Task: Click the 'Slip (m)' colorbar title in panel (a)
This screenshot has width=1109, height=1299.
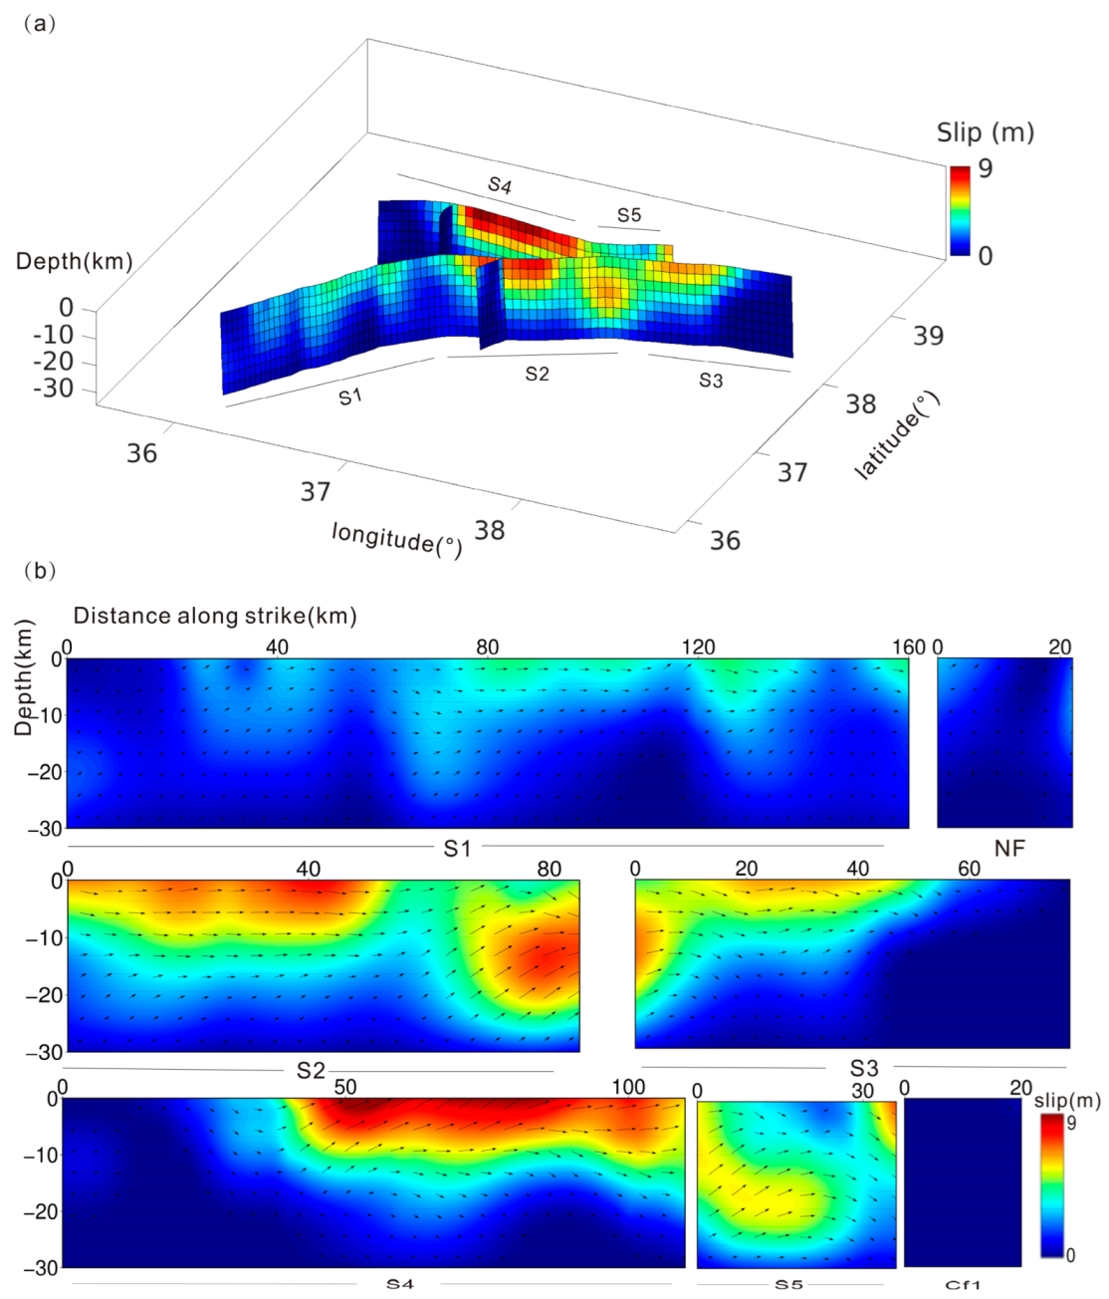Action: (x=985, y=132)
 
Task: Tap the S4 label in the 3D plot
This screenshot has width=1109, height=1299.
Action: (x=500, y=185)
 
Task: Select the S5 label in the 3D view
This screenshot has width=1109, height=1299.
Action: (x=629, y=215)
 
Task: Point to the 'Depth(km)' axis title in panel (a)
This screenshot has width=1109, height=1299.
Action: (x=75, y=261)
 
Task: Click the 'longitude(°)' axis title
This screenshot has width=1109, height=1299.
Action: (x=396, y=539)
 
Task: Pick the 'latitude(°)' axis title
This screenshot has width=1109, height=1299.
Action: (x=897, y=435)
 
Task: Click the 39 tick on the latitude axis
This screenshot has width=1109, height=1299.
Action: (x=928, y=336)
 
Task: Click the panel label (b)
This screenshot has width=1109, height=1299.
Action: (x=39, y=571)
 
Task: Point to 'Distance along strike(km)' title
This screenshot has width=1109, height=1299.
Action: (x=215, y=616)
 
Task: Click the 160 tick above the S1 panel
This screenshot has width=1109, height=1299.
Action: (x=908, y=648)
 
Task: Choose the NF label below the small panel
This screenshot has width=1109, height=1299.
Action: (x=1009, y=848)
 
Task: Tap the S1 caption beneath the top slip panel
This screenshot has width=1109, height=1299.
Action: (x=457, y=849)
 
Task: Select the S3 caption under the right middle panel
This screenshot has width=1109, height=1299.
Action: (x=864, y=1068)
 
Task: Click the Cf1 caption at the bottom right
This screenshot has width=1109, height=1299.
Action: (x=963, y=1285)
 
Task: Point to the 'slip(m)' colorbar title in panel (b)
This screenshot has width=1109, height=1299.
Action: (x=1067, y=1100)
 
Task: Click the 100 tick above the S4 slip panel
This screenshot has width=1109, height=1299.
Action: (x=628, y=1087)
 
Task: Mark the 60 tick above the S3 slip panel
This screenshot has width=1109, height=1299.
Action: (x=969, y=869)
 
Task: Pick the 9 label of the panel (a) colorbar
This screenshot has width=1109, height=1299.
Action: (x=985, y=168)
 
